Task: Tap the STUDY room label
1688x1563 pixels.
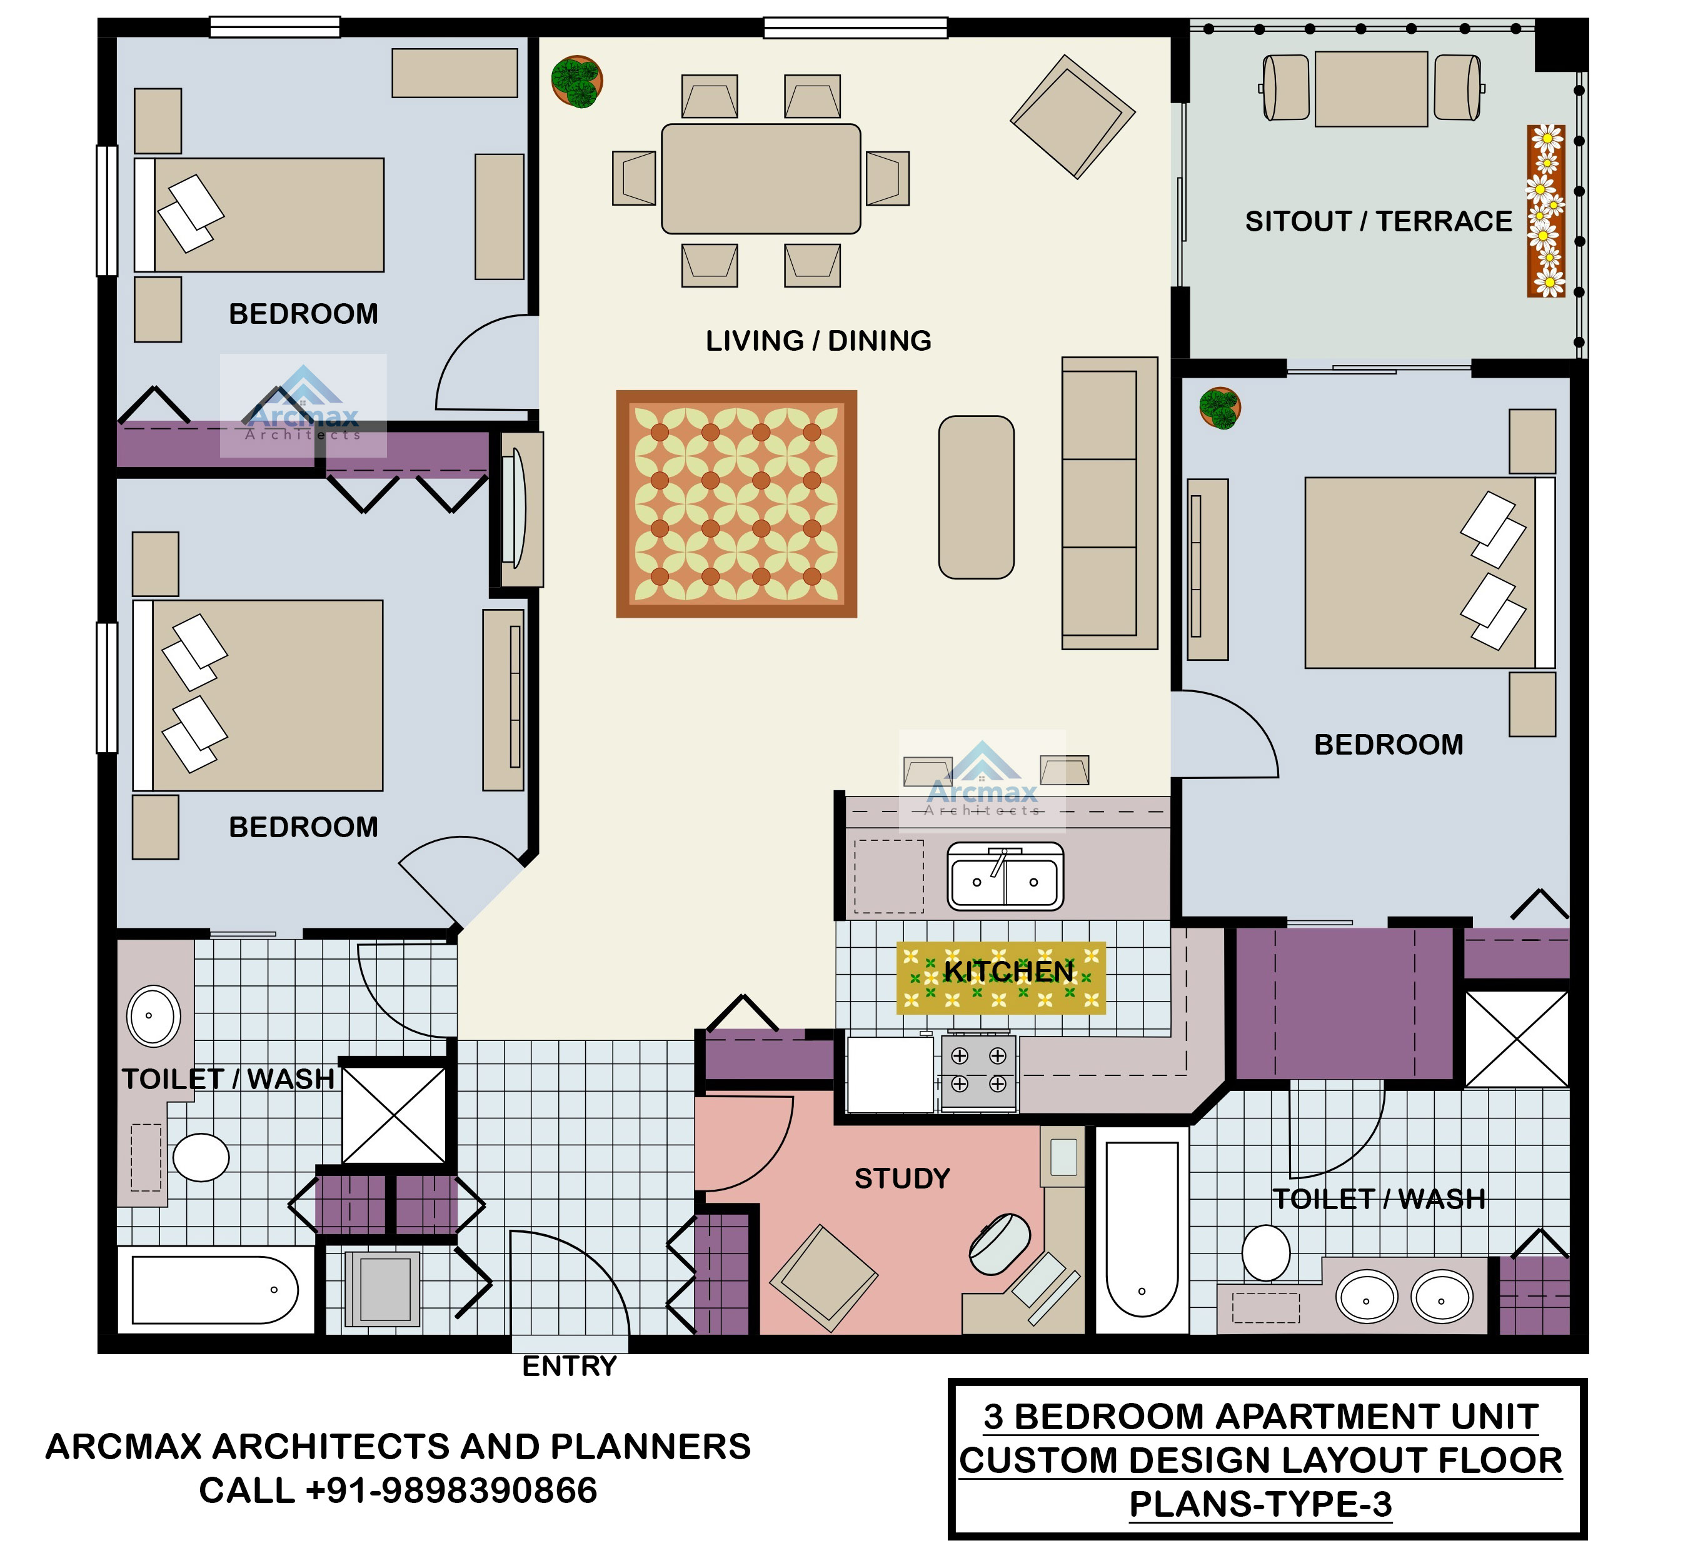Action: click(902, 1178)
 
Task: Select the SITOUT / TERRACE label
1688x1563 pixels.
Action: click(1378, 221)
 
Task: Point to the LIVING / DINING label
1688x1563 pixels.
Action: click(818, 341)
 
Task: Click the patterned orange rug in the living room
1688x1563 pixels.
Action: click(736, 504)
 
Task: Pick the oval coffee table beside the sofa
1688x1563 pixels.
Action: click(976, 497)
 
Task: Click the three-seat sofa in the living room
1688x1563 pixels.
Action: click(1108, 503)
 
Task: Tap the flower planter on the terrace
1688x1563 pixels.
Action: click(1546, 211)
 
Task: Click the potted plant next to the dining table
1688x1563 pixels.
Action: click(577, 82)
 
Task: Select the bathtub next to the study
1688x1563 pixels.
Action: click(1142, 1230)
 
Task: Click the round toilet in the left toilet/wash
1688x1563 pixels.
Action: click(201, 1157)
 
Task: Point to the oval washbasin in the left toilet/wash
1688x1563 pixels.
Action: click(153, 1016)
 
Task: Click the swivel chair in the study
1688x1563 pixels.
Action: click(1000, 1244)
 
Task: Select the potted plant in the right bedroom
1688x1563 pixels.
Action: click(1220, 408)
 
